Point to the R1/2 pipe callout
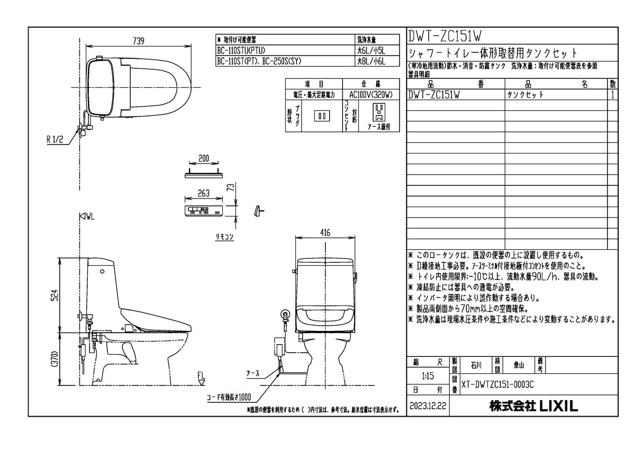point(55,140)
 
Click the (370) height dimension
point(53,362)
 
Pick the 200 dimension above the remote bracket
point(204,158)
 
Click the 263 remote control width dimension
point(204,193)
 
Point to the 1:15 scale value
point(428,376)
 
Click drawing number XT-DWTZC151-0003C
point(497,385)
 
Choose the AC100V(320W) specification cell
point(370,94)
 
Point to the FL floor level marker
point(201,376)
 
